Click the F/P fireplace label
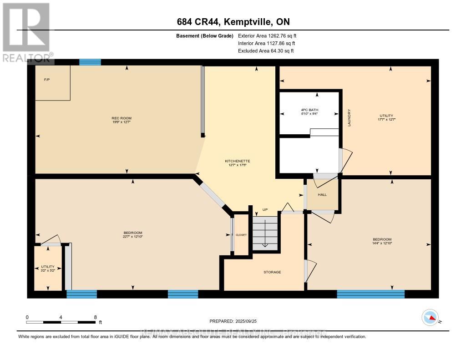click(x=46, y=80)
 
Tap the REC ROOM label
click(x=122, y=118)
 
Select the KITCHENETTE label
click(x=238, y=161)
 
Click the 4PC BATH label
click(x=309, y=110)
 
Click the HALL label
click(x=322, y=194)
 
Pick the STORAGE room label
click(x=272, y=272)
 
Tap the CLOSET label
click(x=241, y=235)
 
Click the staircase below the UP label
click(x=265, y=232)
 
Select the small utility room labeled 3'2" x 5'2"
click(x=48, y=269)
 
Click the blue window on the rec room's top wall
click(x=90, y=62)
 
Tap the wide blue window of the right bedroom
click(x=370, y=294)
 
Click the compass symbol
click(x=430, y=317)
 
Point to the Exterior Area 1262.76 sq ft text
click(x=267, y=35)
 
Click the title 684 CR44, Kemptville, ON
click(x=233, y=22)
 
